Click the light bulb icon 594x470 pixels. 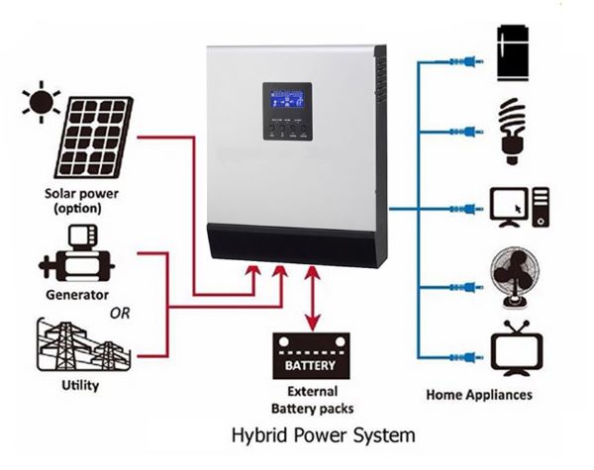pyautogui.click(x=512, y=129)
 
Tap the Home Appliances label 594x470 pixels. pyautogui.click(x=478, y=395)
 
